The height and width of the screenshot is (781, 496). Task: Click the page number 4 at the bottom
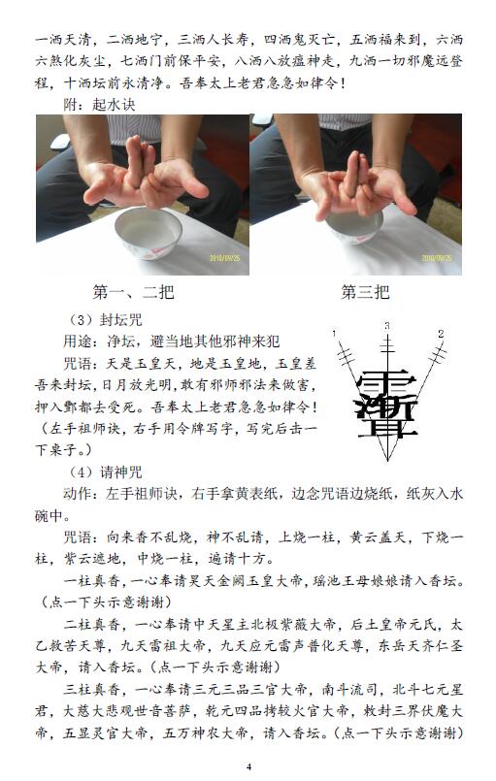[x=248, y=766]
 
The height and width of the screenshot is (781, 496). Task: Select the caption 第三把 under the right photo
[x=365, y=292]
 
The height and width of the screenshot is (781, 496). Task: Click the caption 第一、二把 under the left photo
[x=133, y=292]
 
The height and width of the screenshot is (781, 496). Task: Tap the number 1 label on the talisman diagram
[x=334, y=333]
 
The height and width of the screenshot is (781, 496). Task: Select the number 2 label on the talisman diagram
[x=441, y=333]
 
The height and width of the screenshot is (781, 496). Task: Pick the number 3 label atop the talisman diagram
[x=387, y=326]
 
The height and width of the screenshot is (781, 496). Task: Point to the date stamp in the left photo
[x=224, y=258]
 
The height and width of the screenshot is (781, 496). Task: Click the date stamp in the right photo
[x=437, y=258]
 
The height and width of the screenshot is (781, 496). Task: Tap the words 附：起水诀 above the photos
[x=99, y=105]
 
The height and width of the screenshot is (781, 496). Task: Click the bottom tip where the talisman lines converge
[x=387, y=460]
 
